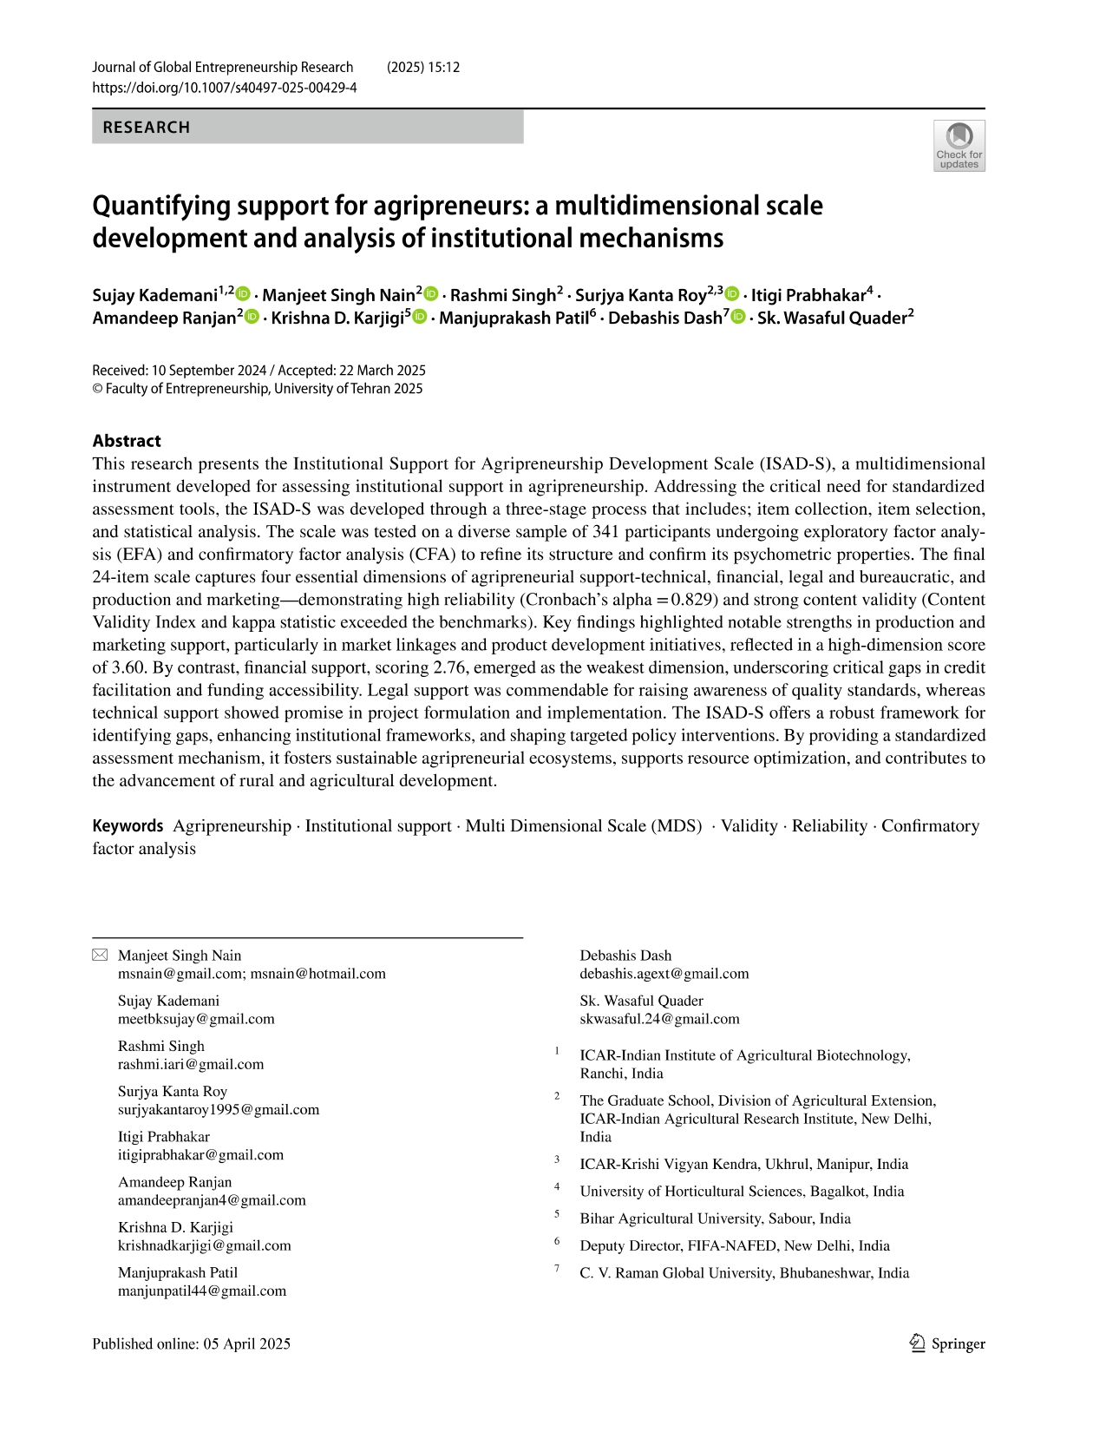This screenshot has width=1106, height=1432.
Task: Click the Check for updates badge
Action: (959, 146)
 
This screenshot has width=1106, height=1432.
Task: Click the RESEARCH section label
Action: (146, 128)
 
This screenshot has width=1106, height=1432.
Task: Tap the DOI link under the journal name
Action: (224, 88)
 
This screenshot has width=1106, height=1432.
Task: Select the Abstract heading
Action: (127, 441)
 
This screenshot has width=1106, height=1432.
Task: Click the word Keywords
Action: (128, 826)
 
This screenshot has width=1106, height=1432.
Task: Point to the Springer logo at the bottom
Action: (947, 1343)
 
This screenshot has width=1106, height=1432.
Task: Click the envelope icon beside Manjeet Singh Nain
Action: (100, 956)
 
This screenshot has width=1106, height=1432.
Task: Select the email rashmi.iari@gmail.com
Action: (190, 1064)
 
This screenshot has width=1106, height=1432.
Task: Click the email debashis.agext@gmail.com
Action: (664, 974)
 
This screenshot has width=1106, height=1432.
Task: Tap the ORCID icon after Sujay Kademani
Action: (244, 295)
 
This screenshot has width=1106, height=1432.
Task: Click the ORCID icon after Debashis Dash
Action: (738, 318)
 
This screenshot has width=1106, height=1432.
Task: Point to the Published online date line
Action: (191, 1343)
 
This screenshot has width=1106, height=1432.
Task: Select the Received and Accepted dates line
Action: (259, 371)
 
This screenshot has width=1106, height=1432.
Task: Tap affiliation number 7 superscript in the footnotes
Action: (557, 1269)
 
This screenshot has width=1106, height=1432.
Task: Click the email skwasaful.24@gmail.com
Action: (659, 1019)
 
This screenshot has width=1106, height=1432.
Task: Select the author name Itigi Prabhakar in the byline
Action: (808, 295)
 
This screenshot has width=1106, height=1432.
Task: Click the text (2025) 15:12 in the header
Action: (422, 68)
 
